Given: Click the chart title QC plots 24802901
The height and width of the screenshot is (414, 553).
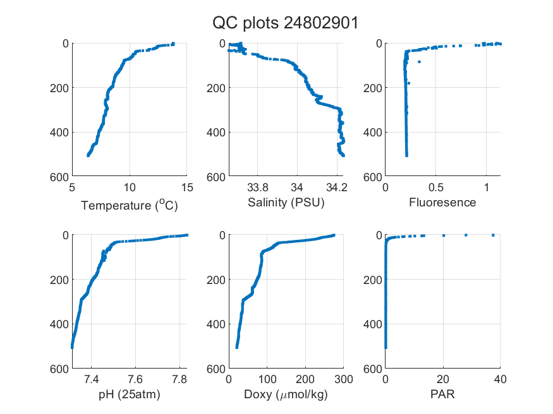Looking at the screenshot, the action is [285, 23].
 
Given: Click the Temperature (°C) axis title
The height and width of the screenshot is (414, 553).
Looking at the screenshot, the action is [130, 205].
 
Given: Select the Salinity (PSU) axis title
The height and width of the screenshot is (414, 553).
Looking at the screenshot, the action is [286, 203].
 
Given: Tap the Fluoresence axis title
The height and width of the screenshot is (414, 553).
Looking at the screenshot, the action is [442, 203].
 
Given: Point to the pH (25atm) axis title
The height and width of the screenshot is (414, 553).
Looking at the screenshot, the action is [130, 394].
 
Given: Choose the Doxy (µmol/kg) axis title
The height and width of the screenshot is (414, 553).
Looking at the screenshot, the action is [286, 394].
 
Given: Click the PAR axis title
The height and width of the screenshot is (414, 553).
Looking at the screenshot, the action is [442, 394].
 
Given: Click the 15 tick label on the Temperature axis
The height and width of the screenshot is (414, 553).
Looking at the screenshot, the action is [187, 187].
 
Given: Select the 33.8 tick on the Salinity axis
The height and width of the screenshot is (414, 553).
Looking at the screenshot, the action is [257, 187].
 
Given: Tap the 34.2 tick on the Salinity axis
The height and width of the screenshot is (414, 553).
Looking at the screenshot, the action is [337, 187].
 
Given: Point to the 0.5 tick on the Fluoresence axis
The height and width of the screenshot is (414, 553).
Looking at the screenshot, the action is [436, 187].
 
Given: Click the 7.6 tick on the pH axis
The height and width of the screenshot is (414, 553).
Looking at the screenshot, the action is [135, 379].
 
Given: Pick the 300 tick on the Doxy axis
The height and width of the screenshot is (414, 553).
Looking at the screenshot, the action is [344, 379].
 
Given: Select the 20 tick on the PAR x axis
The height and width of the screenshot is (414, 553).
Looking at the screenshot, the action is [443, 379].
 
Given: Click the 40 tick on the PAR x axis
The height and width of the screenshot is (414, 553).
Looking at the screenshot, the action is [500, 379].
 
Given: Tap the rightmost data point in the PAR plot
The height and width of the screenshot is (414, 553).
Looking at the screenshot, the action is [493, 235].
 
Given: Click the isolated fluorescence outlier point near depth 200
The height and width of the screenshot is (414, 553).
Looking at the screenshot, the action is [409, 83].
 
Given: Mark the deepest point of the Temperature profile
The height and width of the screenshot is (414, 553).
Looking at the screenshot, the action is [88, 155].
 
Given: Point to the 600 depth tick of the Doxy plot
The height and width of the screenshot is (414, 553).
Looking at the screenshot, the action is [216, 369].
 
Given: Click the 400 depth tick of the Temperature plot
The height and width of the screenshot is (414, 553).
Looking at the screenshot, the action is [59, 133].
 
